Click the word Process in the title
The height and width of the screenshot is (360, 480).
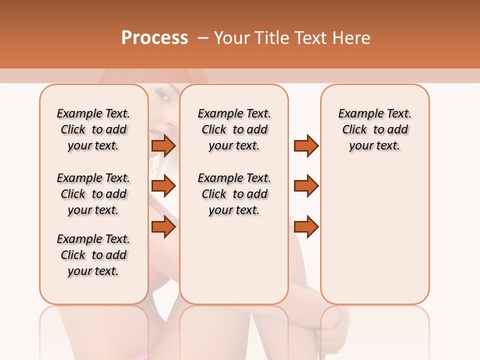(154, 38)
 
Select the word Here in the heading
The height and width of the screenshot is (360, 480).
(352, 38)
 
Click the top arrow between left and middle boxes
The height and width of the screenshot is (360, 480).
(163, 145)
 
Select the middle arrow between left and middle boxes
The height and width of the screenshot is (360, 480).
(163, 186)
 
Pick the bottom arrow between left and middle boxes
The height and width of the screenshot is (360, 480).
(163, 226)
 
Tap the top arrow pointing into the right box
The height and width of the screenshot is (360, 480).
(306, 145)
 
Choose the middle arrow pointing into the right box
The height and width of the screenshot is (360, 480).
(306, 186)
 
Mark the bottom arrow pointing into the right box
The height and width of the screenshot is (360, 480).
(306, 226)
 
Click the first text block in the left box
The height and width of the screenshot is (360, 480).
(93, 129)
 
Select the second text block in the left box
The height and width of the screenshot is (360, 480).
(93, 194)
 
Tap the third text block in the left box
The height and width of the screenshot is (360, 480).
(93, 255)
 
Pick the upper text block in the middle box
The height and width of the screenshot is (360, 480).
(234, 129)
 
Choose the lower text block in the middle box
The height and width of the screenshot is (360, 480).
(234, 194)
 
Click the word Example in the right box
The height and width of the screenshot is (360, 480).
(359, 114)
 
